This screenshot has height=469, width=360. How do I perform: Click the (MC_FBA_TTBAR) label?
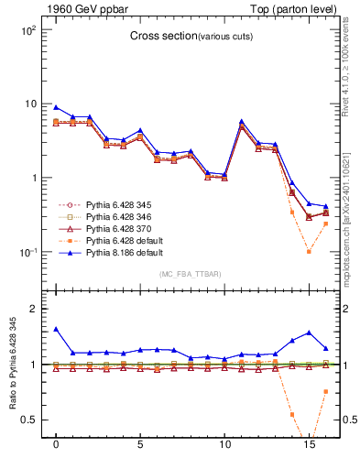(190, 274)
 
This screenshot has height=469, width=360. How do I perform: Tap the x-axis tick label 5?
(140, 451)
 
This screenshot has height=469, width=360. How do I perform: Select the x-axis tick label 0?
(56, 451)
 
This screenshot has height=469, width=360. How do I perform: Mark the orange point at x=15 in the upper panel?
(309, 251)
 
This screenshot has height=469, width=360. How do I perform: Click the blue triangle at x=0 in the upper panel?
(56, 107)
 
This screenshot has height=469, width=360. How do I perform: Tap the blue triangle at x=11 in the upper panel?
(242, 121)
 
